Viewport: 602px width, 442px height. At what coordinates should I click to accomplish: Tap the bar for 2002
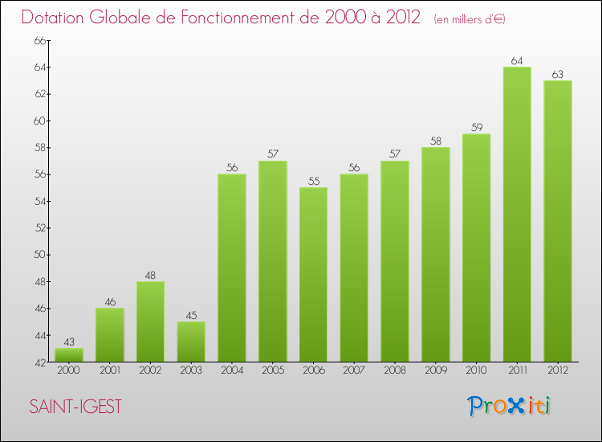click(x=151, y=321)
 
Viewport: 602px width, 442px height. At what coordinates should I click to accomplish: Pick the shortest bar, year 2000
click(x=69, y=354)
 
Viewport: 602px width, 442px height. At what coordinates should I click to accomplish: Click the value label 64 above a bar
click(x=517, y=60)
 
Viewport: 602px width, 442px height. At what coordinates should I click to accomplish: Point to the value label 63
click(x=558, y=74)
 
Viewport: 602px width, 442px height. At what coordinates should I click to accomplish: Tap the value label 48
click(x=151, y=275)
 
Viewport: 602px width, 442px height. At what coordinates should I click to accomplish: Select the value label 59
click(x=476, y=127)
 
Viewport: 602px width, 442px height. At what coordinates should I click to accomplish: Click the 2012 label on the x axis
click(x=558, y=370)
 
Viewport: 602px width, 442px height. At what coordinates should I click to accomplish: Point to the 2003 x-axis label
click(x=191, y=370)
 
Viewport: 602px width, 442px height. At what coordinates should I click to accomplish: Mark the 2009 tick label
click(x=436, y=370)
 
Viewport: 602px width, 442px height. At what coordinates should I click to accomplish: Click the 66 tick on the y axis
click(x=38, y=40)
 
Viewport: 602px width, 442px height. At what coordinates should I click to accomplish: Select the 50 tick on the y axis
click(x=38, y=255)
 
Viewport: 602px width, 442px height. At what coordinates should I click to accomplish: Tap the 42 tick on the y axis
click(x=38, y=362)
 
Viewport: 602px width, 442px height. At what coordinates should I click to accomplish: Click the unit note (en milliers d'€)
click(x=469, y=18)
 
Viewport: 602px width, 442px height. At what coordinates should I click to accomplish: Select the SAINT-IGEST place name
click(x=75, y=407)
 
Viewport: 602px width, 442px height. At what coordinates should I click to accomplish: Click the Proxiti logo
click(x=509, y=406)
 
